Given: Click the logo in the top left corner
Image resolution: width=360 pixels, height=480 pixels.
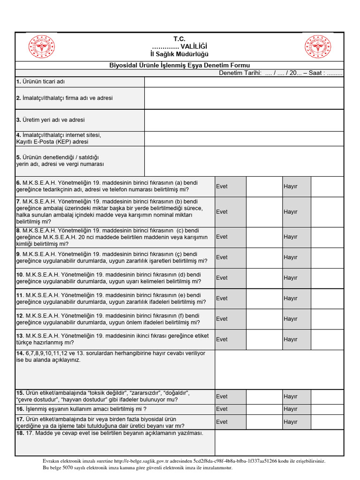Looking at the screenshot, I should click(x=42, y=47).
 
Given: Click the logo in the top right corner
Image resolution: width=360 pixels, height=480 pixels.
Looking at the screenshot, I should click(x=318, y=47).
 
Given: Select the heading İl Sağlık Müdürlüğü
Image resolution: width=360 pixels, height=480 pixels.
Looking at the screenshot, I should click(x=180, y=55).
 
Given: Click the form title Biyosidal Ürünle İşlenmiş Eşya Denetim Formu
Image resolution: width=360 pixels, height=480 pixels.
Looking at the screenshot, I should click(x=180, y=65).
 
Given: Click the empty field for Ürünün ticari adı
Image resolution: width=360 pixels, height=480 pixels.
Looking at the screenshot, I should click(x=244, y=82).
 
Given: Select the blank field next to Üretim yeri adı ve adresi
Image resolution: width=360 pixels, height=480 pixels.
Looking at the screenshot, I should click(x=244, y=120).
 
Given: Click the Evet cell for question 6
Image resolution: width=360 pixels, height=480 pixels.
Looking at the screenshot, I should click(x=230, y=187).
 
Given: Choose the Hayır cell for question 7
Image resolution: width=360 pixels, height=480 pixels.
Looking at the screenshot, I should click(x=296, y=212).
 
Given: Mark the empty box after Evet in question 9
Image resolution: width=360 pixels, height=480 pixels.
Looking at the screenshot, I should click(x=264, y=257).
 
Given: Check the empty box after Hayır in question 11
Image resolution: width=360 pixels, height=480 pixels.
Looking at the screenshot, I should click(x=327, y=298).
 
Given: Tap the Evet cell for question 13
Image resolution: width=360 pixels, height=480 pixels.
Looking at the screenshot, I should click(x=230, y=339).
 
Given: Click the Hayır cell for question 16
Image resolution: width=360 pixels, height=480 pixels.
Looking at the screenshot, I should click(x=296, y=409).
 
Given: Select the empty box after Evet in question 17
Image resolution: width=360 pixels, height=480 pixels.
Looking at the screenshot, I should click(x=264, y=422).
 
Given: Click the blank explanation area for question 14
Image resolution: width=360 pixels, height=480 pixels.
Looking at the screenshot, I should click(x=279, y=369).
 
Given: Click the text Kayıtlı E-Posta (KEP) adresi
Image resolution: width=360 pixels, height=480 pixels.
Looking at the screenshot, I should click(x=52, y=142).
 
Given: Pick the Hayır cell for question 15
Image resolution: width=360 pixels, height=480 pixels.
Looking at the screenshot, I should click(x=296, y=397).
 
